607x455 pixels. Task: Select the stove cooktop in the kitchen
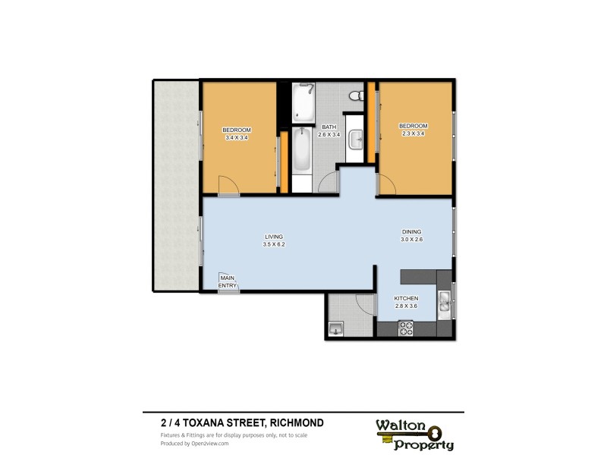(406, 328)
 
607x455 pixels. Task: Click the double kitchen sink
(445, 305)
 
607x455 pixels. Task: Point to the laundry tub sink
(336, 328)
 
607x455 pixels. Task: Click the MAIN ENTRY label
(228, 282)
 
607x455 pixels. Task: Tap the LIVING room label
(273, 236)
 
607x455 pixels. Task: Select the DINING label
(411, 231)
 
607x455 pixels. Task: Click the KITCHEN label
(406, 298)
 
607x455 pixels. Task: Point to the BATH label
(329, 127)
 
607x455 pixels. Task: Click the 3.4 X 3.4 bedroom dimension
(237, 138)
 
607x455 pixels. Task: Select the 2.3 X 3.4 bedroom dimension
(414, 134)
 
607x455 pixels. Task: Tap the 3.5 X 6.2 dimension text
(273, 245)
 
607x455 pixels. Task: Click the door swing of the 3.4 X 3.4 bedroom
(228, 185)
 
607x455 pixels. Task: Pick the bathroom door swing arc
(329, 184)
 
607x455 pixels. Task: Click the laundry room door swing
(366, 303)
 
